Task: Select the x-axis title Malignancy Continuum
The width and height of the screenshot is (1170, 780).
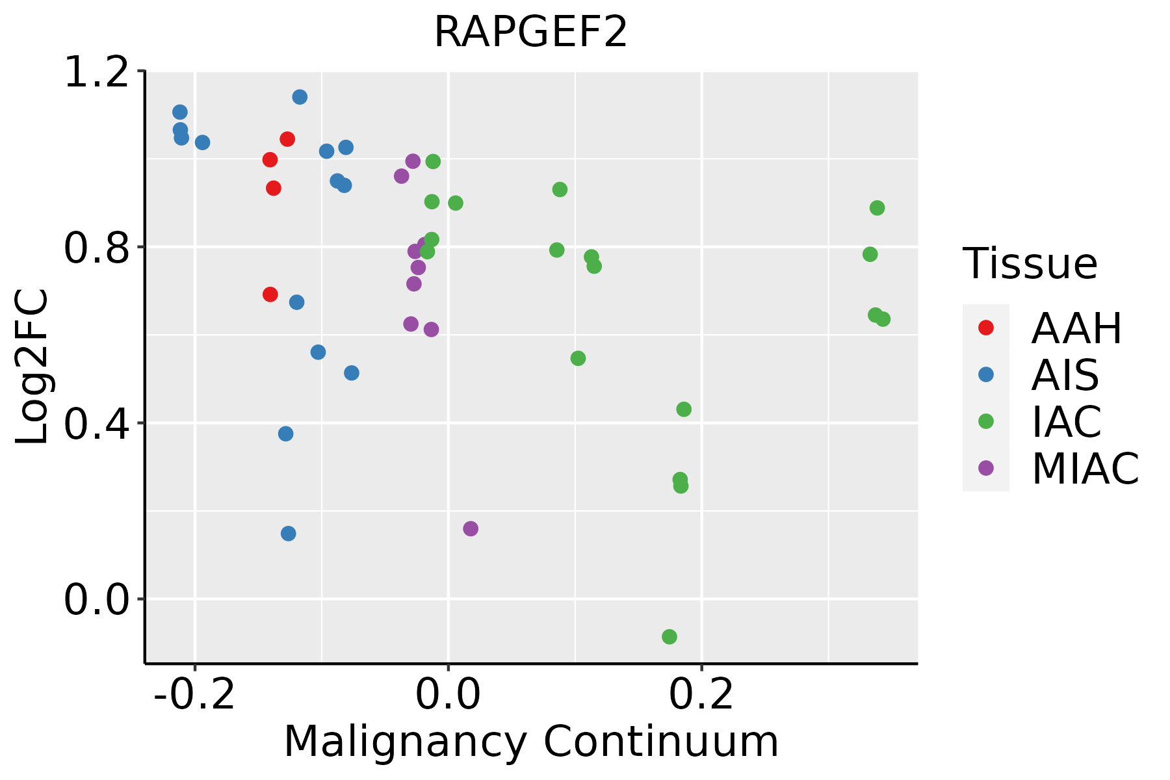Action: coord(530,741)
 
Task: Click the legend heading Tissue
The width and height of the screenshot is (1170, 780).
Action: coord(1030,264)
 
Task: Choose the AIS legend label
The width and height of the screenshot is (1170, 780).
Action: coord(1065,375)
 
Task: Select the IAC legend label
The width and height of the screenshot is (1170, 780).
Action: coord(1066,422)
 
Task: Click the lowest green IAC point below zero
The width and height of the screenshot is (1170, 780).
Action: coord(669,637)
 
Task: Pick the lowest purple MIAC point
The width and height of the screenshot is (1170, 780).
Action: coord(471,528)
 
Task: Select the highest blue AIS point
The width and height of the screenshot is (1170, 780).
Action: coord(300,97)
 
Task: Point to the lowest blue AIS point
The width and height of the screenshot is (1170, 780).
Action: coord(289,534)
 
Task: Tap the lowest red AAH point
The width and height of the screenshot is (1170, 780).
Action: coord(270,294)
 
